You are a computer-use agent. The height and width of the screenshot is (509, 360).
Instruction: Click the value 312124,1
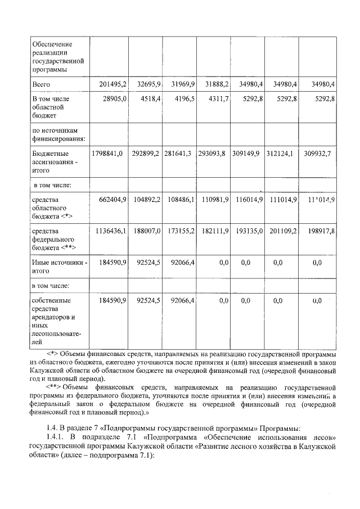click(x=281, y=152)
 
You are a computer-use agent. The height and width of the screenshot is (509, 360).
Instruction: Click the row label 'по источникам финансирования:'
click(x=58, y=132)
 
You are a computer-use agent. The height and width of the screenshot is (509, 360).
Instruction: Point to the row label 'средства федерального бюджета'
click(x=55, y=238)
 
